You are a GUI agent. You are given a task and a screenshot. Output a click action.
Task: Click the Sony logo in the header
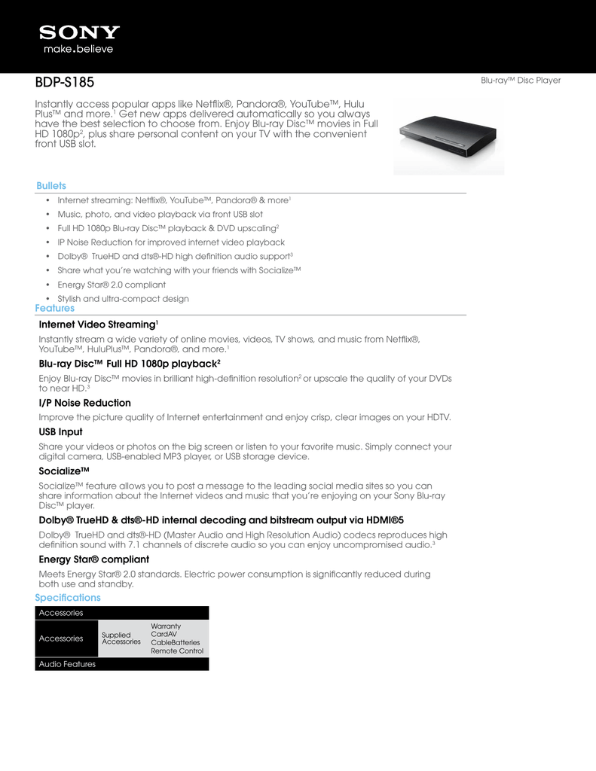pos(80,32)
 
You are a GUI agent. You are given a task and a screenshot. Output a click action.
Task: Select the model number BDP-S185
pos(65,81)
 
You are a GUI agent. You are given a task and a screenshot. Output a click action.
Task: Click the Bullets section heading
pos(51,186)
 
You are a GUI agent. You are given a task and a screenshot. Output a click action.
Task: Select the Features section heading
pos(55,308)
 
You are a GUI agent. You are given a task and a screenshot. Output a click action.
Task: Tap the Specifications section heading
pos(68,597)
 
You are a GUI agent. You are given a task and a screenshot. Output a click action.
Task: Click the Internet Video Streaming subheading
pos(98,325)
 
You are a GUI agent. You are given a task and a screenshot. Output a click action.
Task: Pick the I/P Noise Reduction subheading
pos(84,403)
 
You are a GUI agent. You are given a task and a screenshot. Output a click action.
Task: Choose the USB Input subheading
pos(60,432)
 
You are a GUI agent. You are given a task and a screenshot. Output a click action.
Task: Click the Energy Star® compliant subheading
pos(93,559)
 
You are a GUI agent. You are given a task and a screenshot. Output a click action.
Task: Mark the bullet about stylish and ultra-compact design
pos(123,299)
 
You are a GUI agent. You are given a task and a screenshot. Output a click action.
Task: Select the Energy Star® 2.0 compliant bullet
pos(112,285)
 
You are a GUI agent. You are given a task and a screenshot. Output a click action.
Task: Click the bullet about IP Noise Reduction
pos(171,242)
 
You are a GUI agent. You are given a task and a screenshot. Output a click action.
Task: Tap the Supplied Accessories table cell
pos(121,638)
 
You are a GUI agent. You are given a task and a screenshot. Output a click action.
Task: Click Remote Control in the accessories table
pos(177,651)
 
